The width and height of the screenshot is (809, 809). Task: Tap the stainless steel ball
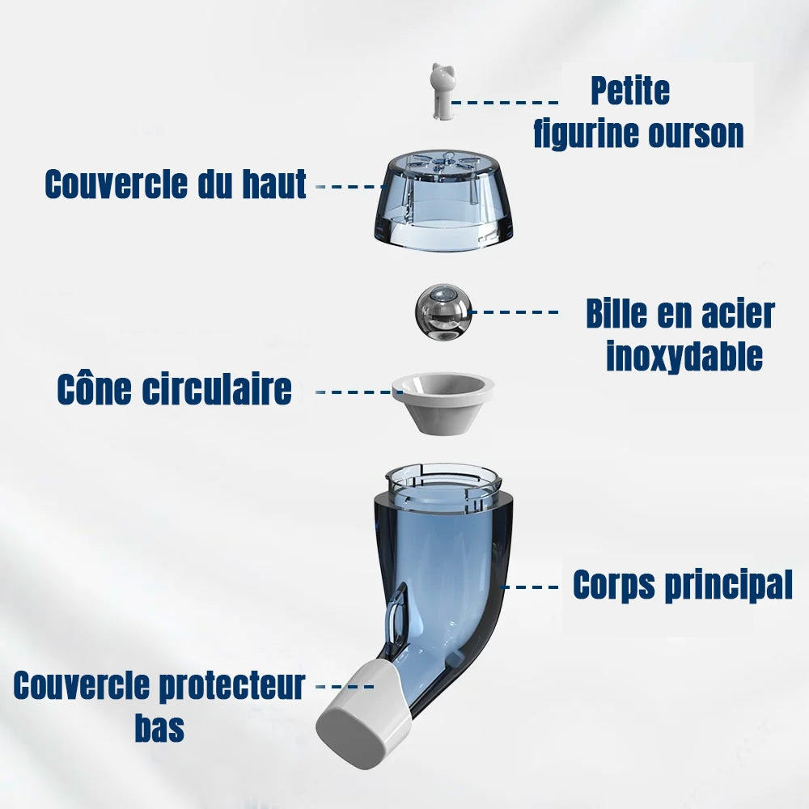click(x=442, y=311)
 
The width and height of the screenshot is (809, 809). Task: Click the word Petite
click(x=629, y=91)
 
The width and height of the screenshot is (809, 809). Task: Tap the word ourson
click(x=693, y=133)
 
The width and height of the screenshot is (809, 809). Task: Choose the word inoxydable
click(x=684, y=356)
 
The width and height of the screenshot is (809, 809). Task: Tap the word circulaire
click(x=217, y=389)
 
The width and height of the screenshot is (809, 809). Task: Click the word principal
click(x=728, y=584)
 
